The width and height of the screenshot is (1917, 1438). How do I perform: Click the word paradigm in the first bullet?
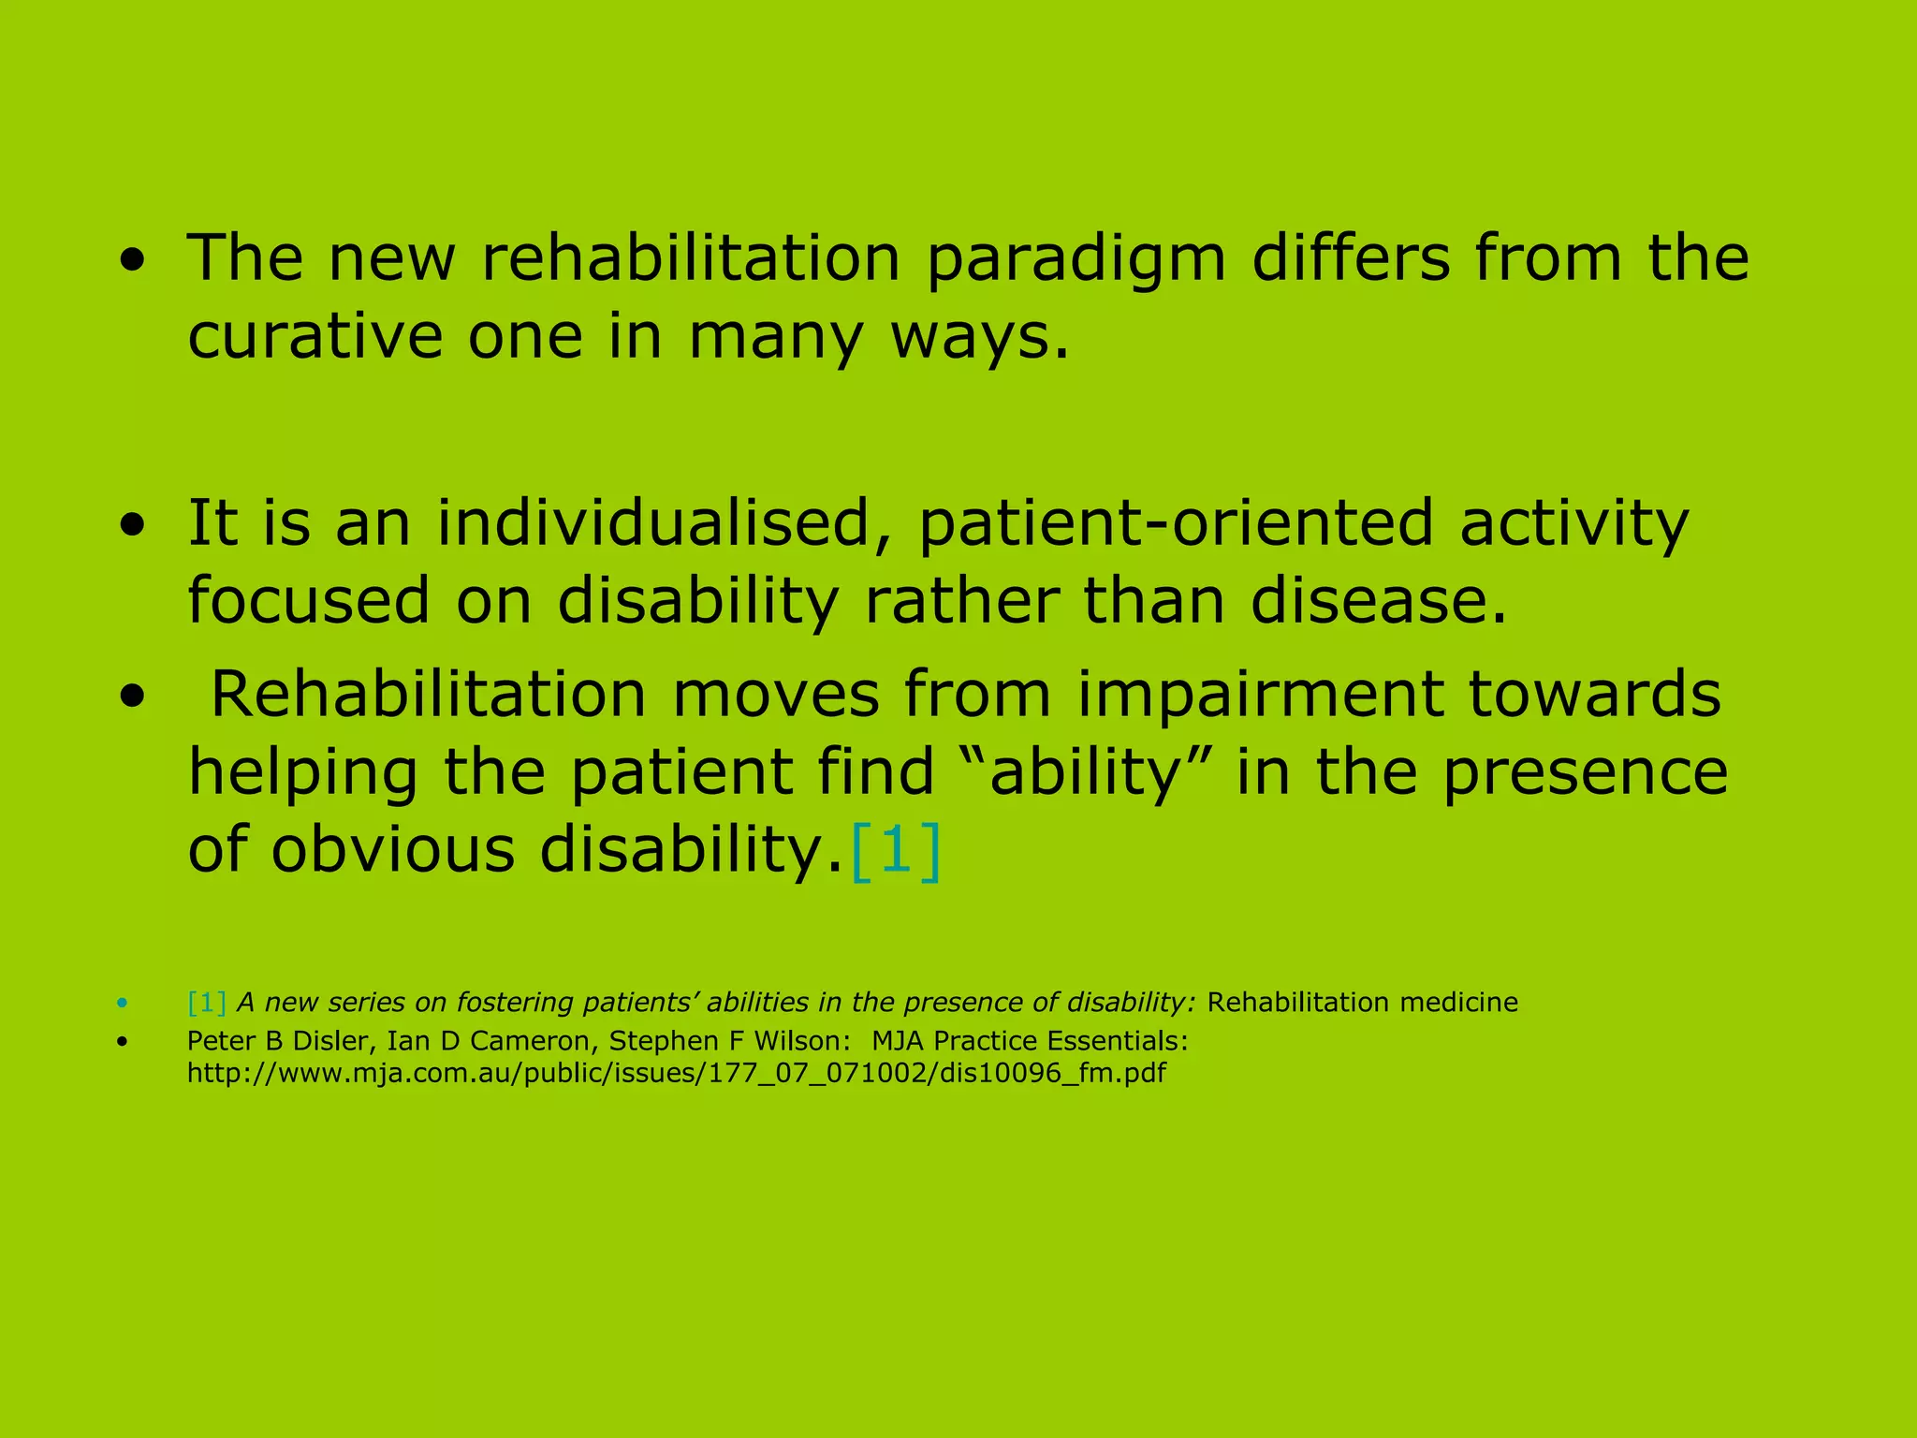click(1075, 259)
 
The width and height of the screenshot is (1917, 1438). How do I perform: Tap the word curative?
click(315, 336)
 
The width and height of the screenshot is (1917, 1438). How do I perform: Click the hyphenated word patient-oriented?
click(1176, 523)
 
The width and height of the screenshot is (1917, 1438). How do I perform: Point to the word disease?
click(1378, 601)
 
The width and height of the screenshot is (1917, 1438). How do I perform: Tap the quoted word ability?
click(1087, 773)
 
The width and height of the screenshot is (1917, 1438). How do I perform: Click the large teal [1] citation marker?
click(895, 850)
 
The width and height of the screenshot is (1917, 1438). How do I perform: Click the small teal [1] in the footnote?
click(206, 1003)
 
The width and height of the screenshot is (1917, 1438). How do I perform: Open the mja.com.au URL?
click(676, 1073)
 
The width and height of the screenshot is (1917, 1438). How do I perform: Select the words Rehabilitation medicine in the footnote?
click(1362, 1003)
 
